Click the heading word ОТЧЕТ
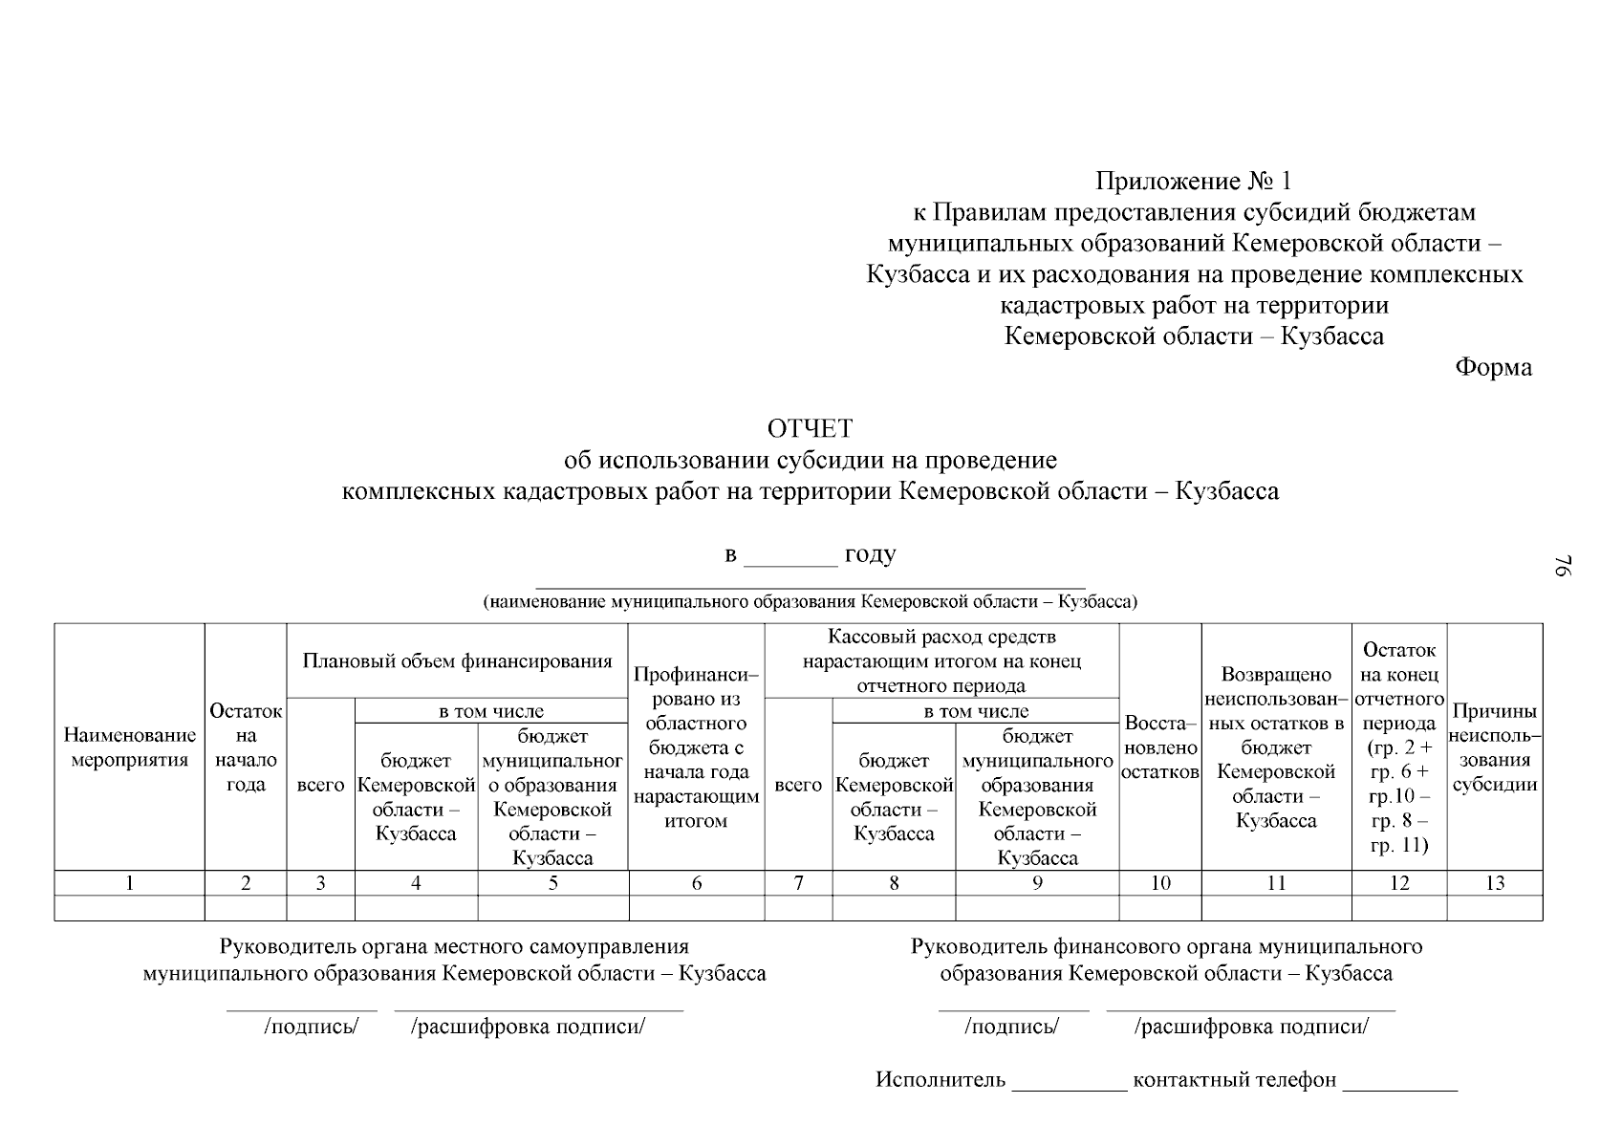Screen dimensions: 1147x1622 (810, 429)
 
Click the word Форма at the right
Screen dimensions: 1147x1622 (1493, 367)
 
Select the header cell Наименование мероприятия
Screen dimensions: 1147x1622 (130, 747)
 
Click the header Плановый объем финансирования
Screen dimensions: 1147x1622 (457, 660)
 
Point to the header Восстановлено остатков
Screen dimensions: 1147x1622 (1159, 747)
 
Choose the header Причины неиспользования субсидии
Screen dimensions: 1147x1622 (1495, 747)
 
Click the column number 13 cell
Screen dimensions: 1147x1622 (1495, 883)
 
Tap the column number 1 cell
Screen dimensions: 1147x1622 (130, 883)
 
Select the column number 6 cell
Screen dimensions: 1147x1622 (696, 883)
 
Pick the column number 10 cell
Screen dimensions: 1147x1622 (1159, 883)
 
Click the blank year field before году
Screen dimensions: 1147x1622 (789, 557)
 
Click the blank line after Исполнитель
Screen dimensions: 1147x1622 (1070, 1082)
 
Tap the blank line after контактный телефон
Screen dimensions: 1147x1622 (1399, 1082)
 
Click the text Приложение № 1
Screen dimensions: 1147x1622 (1193, 181)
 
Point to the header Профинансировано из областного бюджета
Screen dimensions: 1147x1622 (696, 747)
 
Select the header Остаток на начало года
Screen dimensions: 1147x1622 (246, 747)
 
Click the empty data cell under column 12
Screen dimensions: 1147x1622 (1399, 908)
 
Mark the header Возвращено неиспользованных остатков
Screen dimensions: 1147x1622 (1276, 747)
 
